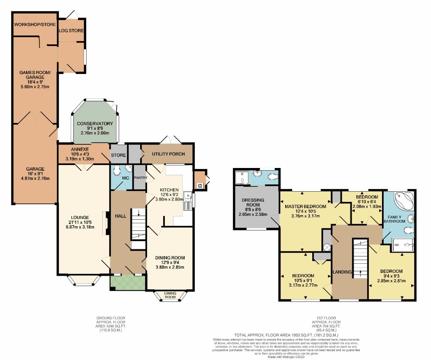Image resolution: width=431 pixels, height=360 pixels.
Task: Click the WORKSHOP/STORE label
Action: [x=35, y=25]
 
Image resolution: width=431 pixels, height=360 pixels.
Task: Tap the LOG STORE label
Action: [x=71, y=31]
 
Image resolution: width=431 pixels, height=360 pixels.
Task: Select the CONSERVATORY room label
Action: [x=95, y=124]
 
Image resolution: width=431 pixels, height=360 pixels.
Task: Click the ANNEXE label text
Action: [x=80, y=149]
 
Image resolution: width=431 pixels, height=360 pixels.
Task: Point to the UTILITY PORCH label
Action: [x=168, y=154]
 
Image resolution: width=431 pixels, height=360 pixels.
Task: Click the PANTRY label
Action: [x=140, y=178]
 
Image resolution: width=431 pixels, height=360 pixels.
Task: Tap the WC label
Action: [x=125, y=178]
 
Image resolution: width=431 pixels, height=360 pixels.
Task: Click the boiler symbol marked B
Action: [x=200, y=185]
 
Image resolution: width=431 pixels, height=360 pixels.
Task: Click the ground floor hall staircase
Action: [x=138, y=224]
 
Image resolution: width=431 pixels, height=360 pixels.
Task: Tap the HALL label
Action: [x=120, y=216]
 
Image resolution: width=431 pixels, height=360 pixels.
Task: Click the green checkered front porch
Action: [x=127, y=283]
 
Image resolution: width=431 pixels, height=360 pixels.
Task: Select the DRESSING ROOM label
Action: [x=253, y=202]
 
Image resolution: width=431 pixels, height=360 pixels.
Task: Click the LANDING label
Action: [x=342, y=272]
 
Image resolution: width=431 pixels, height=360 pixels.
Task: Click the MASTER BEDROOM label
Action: [x=305, y=206]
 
